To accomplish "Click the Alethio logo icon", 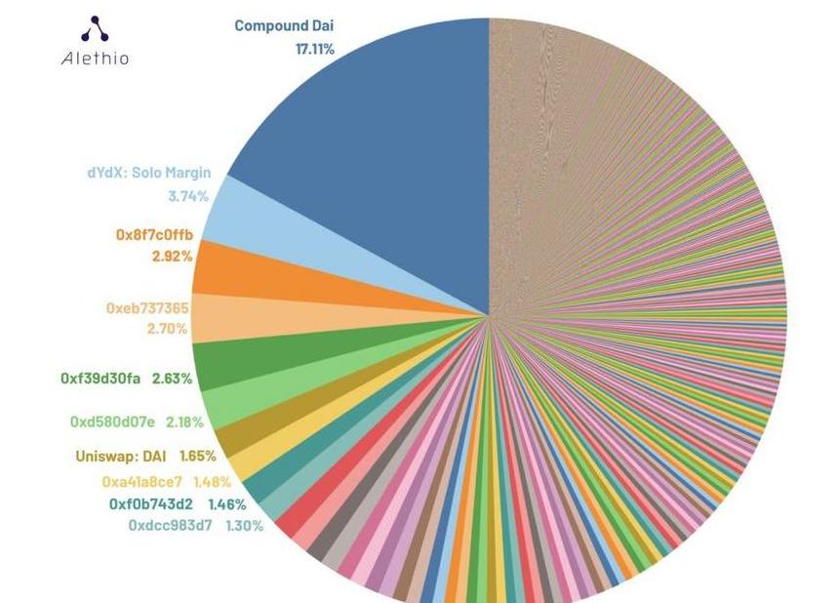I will (x=95, y=29).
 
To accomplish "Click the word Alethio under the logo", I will (x=95, y=59).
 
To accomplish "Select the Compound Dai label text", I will (x=284, y=26).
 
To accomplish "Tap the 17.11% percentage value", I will (x=314, y=48).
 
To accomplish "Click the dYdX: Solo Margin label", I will (x=148, y=174).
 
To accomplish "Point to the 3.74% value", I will (x=188, y=196).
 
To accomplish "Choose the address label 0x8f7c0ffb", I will (x=154, y=235).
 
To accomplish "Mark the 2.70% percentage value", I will (x=167, y=329).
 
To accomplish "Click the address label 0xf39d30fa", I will (x=100, y=378).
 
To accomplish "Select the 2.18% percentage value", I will (x=185, y=422).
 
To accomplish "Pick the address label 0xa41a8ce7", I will (x=141, y=481).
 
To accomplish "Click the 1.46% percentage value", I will (x=227, y=504).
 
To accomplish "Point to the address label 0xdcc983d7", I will (x=170, y=526).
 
